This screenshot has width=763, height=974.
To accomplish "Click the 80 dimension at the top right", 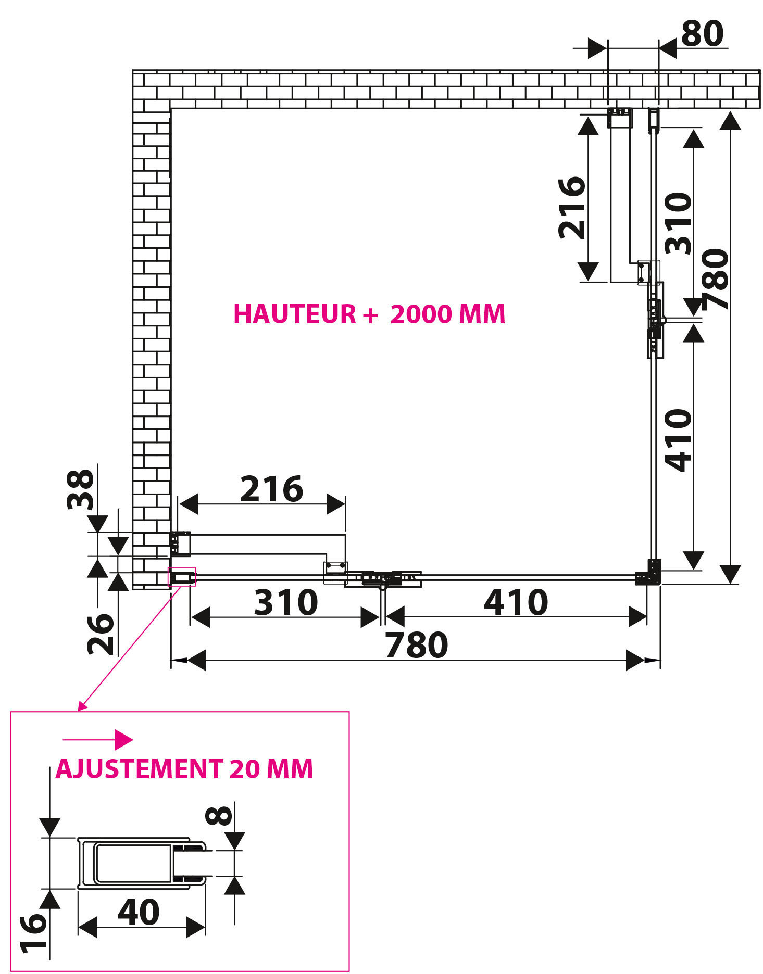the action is (x=702, y=34).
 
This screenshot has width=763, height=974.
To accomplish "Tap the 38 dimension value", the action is (x=81, y=489).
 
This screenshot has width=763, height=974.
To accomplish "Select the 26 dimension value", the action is (x=101, y=634).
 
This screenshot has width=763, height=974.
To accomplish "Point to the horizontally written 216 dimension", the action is (x=271, y=489).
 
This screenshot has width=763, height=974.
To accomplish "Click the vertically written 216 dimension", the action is (x=572, y=208).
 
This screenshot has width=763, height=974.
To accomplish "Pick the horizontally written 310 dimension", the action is (x=286, y=602).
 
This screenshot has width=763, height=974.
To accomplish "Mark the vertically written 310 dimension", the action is (x=679, y=223).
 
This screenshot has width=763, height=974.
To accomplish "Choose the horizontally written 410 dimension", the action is (x=516, y=602).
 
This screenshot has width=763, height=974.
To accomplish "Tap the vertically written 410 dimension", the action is (x=679, y=440).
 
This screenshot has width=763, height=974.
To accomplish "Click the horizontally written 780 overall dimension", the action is (x=416, y=645).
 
